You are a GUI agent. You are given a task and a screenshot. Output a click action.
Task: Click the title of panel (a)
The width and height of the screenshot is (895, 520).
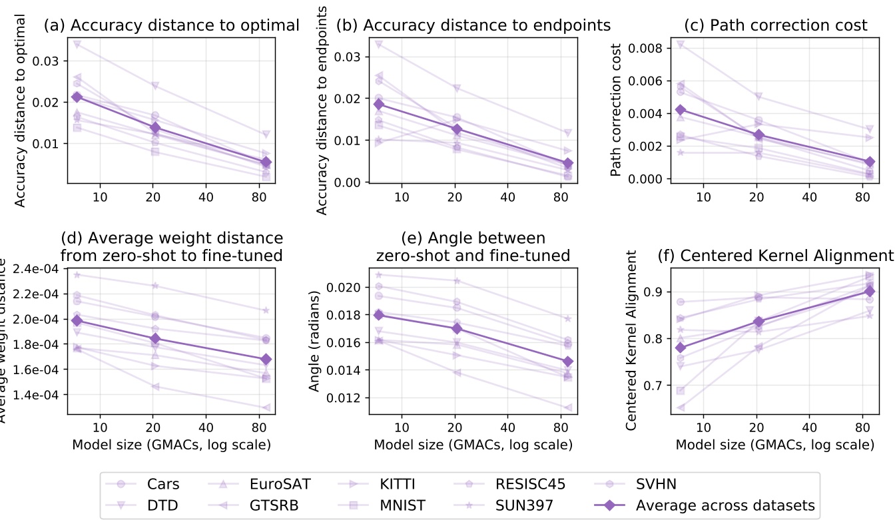(171, 25)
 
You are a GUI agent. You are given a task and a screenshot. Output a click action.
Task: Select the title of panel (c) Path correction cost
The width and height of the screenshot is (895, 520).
(776, 25)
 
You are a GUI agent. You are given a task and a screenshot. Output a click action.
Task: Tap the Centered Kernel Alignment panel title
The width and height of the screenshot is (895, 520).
(775, 256)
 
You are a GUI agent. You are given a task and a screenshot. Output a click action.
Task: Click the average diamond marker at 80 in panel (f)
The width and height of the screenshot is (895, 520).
(869, 291)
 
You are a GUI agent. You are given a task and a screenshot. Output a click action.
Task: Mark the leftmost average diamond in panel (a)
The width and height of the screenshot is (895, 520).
(77, 97)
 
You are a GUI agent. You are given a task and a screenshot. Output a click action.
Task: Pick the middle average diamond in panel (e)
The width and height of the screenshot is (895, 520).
(455, 328)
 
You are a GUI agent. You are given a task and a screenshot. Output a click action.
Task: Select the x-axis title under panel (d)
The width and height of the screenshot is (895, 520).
(171, 445)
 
